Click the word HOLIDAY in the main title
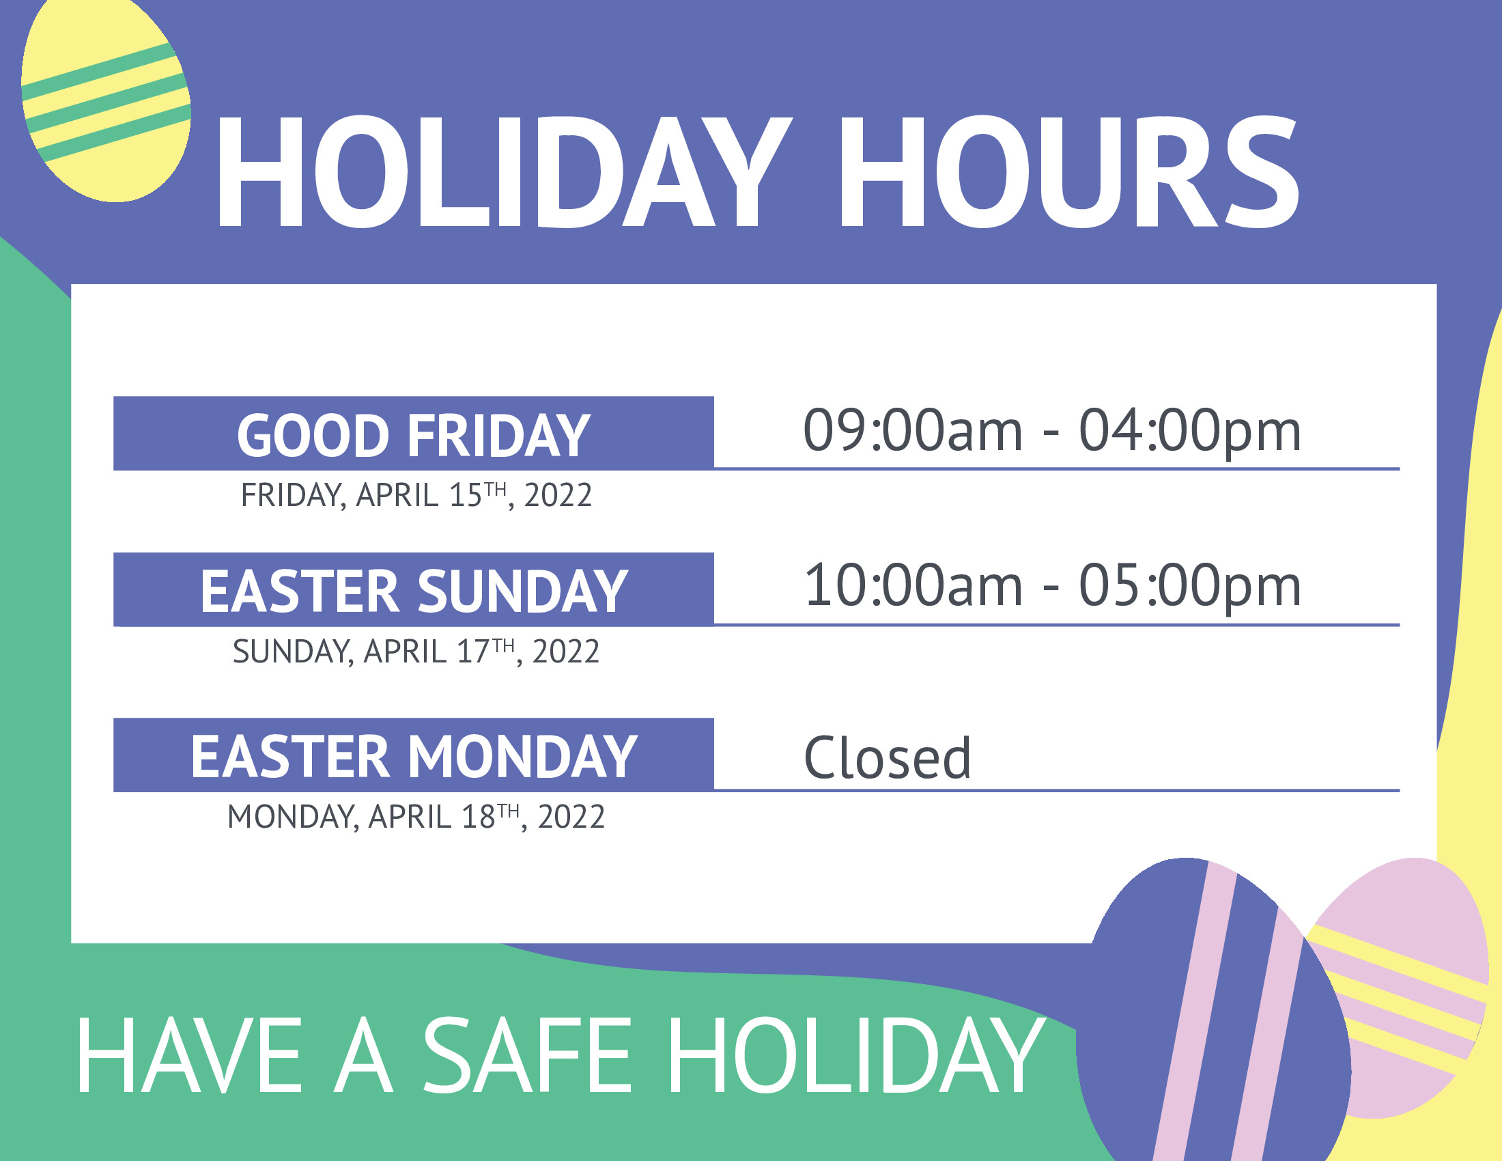pos(505,171)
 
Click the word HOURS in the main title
pos(1069,171)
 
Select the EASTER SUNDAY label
pos(413,591)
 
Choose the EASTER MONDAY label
pos(413,757)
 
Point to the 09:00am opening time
pos(913,430)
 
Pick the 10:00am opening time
pos(913,586)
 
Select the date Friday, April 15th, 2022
pos(416,495)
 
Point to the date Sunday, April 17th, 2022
pos(416,652)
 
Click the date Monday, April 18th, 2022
pos(416,817)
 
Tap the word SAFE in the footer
pos(526,1055)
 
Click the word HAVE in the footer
pos(189,1055)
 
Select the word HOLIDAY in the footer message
pos(855,1055)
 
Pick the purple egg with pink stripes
pos(1214,1011)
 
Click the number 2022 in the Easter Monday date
pos(571,817)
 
